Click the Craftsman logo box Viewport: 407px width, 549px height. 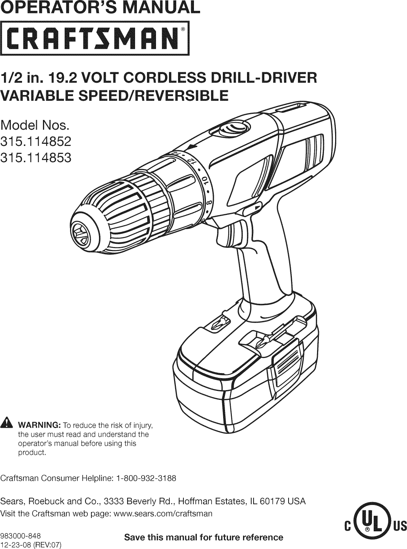coord(95,38)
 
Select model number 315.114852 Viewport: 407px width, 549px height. coord(35,143)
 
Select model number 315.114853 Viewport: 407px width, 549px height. coord(35,158)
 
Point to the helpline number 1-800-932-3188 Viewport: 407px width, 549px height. coord(146,479)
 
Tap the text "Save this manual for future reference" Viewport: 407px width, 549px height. coord(203,537)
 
